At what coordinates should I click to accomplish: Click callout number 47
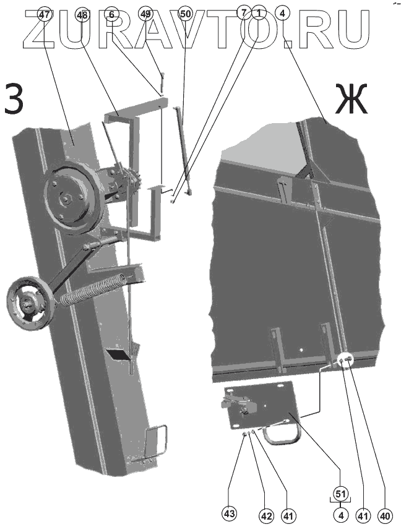(44, 14)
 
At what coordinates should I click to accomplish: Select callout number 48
(82, 14)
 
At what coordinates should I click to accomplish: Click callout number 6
(111, 14)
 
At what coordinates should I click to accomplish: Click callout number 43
(230, 513)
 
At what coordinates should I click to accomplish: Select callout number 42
(265, 513)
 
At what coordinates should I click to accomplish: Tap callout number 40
(384, 513)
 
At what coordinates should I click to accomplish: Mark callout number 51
(340, 493)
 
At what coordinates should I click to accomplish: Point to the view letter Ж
(351, 99)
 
